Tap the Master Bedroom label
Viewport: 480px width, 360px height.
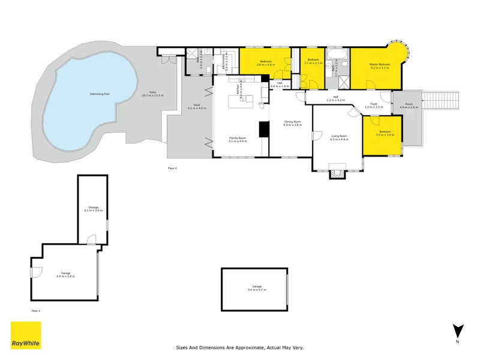pyautogui.click(x=380, y=66)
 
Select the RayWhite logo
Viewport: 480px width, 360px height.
pyautogui.click(x=26, y=335)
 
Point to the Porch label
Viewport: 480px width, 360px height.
pyautogui.click(x=409, y=106)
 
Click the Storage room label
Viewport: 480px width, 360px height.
pyautogui.click(x=93, y=209)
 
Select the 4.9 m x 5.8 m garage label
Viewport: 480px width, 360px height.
pyautogui.click(x=65, y=274)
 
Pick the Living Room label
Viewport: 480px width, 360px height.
pyautogui.click(x=339, y=137)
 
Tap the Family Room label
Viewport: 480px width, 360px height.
pyautogui.click(x=238, y=140)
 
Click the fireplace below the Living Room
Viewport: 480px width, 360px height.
pyautogui.click(x=338, y=174)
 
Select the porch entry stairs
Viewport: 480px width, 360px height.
pyautogui.click(x=440, y=100)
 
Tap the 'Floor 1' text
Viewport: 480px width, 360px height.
pyautogui.click(x=35, y=310)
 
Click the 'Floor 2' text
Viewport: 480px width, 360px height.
pyautogui.click(x=172, y=169)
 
